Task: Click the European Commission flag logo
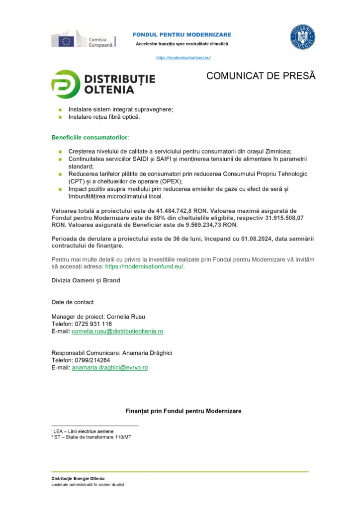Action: pos(66,40)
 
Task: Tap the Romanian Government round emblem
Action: pos(302,37)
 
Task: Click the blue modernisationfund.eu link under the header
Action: pos(183,58)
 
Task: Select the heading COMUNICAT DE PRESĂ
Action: pos(261,76)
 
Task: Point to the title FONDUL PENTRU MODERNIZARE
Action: pos(182,34)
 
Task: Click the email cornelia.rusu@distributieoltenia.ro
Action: pos(117,331)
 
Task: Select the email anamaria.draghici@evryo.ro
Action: pos(109,368)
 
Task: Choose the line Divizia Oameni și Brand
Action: pos(86,280)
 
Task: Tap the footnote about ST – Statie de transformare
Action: pos(92,437)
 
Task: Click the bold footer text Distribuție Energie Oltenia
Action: pos(78,478)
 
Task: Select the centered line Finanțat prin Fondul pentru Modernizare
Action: pos(183,411)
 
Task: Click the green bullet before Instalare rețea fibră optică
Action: pos(60,117)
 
